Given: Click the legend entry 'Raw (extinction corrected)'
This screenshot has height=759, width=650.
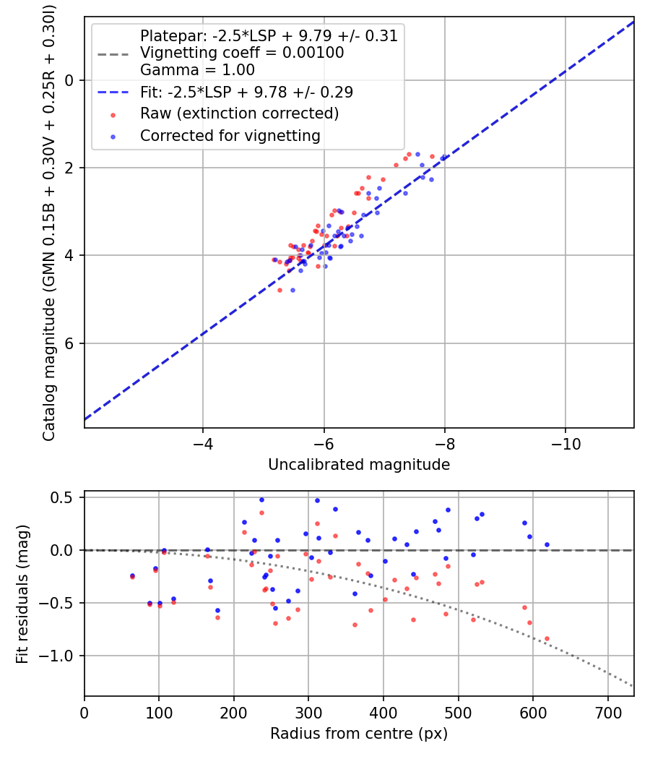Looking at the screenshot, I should [239, 113].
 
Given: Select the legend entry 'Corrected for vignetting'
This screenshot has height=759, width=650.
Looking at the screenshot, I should [230, 135].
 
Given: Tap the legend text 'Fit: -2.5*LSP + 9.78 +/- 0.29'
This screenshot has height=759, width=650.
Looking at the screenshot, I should [246, 92].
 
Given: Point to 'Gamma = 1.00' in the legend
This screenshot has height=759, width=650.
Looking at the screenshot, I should [197, 70].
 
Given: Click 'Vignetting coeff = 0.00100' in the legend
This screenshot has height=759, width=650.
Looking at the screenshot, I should [242, 53].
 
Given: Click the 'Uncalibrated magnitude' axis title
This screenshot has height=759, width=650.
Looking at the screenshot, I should [359, 465].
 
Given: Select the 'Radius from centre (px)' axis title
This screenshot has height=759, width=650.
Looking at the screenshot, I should [359, 734].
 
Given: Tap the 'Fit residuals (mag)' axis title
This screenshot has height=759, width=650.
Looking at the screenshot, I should [22, 593].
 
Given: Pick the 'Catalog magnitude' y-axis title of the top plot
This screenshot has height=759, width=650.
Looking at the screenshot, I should [49, 221].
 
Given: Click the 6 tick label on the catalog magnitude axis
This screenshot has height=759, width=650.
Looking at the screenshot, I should [70, 343].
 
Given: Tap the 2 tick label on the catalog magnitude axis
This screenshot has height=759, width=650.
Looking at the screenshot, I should [70, 168].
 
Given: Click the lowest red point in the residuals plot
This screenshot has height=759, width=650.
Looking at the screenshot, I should [547, 639].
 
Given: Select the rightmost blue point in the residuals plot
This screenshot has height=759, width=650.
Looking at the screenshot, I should [547, 544].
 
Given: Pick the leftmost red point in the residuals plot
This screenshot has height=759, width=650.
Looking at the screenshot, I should [132, 577].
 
